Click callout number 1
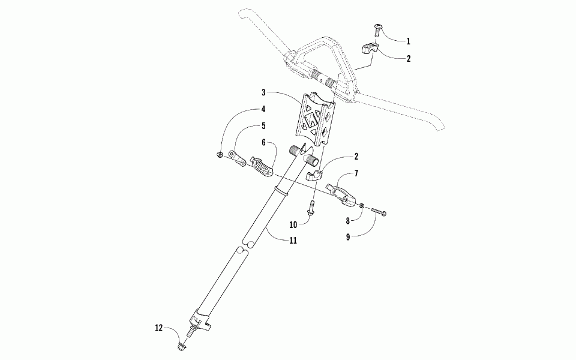point(408,41)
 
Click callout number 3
point(263,93)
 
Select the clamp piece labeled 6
point(262,166)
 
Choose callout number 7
point(356,173)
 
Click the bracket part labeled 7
point(343,191)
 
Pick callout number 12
point(159,328)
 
